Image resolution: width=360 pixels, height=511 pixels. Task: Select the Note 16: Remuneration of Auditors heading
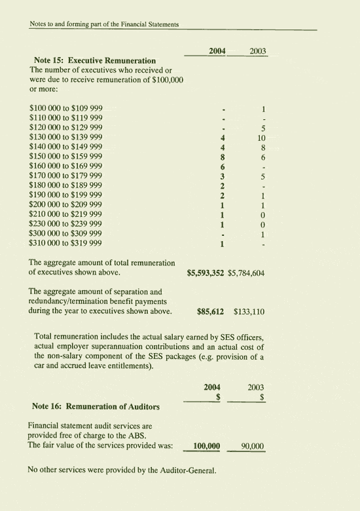coord(95,406)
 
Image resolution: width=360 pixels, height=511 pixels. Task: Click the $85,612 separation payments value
coord(210,312)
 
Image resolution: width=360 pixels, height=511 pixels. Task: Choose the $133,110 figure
coord(249,312)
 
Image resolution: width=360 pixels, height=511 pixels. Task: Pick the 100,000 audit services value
coord(206,446)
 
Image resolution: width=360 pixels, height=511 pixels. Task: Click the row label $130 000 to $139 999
coord(65,138)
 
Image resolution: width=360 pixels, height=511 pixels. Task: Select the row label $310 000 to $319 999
coord(65,244)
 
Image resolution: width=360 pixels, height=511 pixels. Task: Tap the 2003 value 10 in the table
coord(261,138)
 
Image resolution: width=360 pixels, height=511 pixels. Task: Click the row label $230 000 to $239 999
coord(65,224)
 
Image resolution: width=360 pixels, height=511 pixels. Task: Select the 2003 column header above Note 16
coord(256,387)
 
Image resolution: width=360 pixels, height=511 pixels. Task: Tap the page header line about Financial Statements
coord(105,24)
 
